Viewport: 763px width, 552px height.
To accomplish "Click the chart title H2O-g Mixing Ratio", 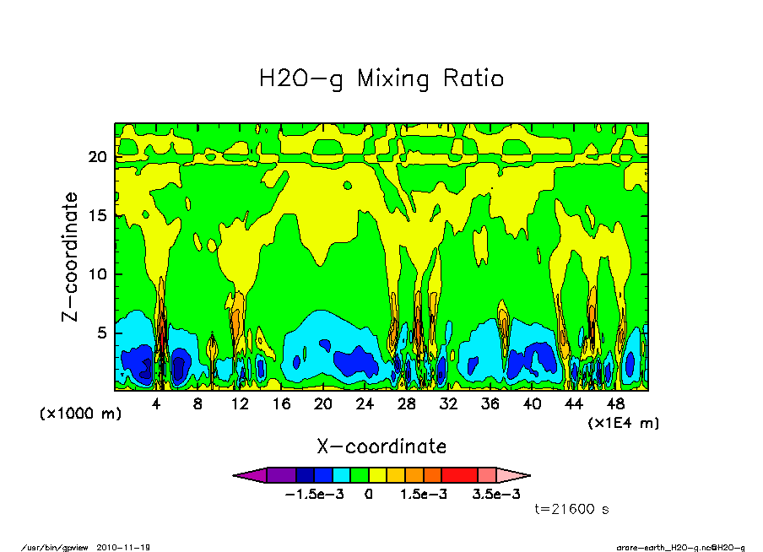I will [x=381, y=79].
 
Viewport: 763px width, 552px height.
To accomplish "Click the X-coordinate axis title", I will [x=381, y=446].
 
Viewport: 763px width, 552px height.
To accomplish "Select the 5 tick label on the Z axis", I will [x=102, y=333].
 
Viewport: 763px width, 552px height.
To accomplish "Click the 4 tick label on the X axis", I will [x=156, y=404].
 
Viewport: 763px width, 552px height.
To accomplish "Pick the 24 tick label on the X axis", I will [x=365, y=404].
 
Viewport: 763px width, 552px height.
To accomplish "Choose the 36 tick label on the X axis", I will [x=490, y=404].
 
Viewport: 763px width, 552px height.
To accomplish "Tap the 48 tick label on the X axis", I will [x=615, y=404].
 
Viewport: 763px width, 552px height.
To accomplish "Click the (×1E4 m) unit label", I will [x=624, y=422].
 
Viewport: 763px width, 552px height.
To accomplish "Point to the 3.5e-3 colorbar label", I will [x=495, y=494].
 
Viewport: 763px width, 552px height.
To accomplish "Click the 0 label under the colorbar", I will [x=369, y=494].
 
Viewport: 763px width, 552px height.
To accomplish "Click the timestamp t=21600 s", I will [x=572, y=510].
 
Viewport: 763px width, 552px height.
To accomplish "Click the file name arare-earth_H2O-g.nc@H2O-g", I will [x=680, y=547].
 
